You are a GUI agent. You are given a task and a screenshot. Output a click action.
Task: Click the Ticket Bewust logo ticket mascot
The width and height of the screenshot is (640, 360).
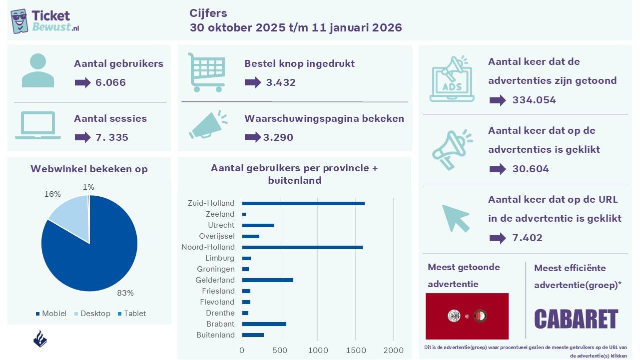(19, 20)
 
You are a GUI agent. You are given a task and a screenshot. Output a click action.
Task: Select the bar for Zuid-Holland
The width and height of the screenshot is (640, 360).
(303, 203)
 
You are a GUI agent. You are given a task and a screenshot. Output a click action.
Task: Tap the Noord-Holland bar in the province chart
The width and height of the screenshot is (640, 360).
(302, 247)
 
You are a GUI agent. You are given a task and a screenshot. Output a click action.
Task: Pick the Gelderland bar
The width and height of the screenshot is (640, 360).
(267, 280)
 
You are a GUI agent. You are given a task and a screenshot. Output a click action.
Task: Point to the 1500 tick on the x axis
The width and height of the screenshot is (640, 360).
(356, 351)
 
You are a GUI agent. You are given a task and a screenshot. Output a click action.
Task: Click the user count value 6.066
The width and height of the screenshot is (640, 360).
(110, 82)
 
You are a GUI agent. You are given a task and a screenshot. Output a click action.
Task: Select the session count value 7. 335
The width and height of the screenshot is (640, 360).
(111, 137)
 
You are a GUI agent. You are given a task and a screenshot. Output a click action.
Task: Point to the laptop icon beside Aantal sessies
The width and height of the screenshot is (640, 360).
(38, 125)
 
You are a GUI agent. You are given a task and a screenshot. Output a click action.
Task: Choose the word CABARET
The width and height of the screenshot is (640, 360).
(576, 320)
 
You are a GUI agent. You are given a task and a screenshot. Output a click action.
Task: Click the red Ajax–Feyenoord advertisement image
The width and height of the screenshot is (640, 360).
(467, 316)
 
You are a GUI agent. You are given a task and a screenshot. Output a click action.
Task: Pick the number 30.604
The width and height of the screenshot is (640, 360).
(531, 169)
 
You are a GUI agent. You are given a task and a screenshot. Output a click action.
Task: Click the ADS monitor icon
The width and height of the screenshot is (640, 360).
(452, 80)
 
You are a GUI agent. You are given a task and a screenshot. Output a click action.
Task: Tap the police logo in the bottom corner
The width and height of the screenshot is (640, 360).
(40, 339)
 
